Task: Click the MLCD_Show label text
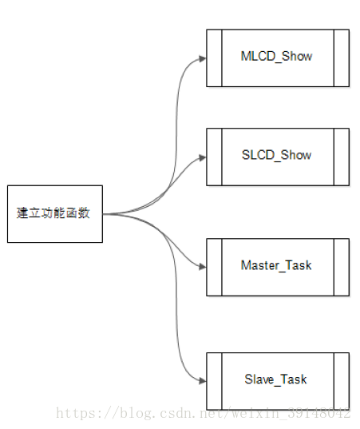(x=276, y=57)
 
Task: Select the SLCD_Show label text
(x=276, y=156)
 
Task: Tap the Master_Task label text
(x=276, y=265)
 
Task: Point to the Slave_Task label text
(x=275, y=379)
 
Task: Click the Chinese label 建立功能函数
(x=53, y=213)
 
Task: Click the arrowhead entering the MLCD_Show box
(x=203, y=58)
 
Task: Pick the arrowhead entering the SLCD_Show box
(x=203, y=157)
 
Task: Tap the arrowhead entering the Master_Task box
(x=203, y=267)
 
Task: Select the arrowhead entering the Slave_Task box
(x=203, y=381)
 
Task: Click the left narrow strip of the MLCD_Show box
(x=214, y=58)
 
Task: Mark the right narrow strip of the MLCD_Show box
(x=342, y=58)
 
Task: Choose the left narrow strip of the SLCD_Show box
(x=214, y=157)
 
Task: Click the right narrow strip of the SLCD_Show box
(x=342, y=157)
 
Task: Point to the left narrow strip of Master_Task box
(x=214, y=268)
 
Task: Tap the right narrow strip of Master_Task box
(x=342, y=268)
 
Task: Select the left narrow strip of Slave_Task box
(x=214, y=381)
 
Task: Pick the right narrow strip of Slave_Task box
(x=342, y=381)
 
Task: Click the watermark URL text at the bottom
(x=203, y=413)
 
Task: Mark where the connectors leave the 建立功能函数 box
(x=103, y=214)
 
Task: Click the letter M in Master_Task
(x=245, y=265)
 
